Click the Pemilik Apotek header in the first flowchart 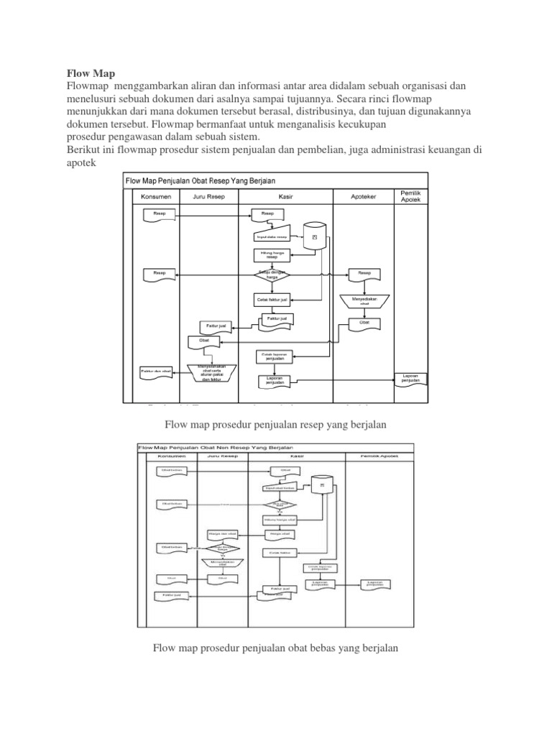(410, 195)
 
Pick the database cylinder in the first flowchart (313, 236)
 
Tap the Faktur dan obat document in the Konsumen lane (156, 371)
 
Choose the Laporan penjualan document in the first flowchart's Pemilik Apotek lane (410, 378)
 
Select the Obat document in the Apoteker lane (364, 323)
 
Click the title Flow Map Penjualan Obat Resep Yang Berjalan (201, 180)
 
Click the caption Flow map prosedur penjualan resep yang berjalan (276, 425)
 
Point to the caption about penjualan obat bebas (276, 648)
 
